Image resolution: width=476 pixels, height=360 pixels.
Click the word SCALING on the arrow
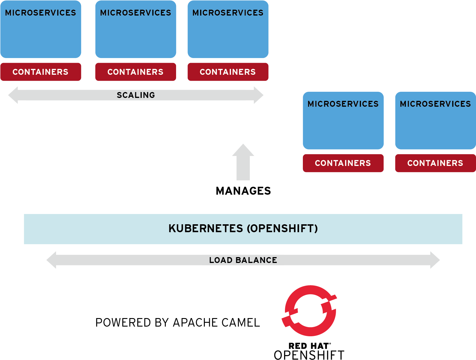(x=136, y=95)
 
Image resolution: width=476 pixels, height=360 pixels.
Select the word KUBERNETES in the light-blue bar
(x=206, y=228)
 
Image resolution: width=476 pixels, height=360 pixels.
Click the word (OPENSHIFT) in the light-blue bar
(x=282, y=228)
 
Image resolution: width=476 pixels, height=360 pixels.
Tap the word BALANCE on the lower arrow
(x=256, y=260)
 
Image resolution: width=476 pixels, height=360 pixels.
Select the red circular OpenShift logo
(x=310, y=311)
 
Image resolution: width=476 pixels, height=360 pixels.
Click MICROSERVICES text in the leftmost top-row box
(x=40, y=13)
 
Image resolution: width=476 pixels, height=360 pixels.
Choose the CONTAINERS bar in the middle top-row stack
(x=136, y=72)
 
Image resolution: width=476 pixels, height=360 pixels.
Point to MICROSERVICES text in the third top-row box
(x=228, y=13)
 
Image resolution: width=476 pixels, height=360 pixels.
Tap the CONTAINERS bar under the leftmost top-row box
(x=40, y=72)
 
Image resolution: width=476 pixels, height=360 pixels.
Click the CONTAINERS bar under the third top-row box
(x=228, y=72)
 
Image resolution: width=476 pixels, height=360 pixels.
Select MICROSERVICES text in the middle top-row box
(x=136, y=13)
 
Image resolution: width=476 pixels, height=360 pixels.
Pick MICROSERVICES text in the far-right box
(x=435, y=104)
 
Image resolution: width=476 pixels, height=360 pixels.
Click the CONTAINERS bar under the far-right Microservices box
(x=435, y=163)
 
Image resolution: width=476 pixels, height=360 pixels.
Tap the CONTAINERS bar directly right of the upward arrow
(x=343, y=163)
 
